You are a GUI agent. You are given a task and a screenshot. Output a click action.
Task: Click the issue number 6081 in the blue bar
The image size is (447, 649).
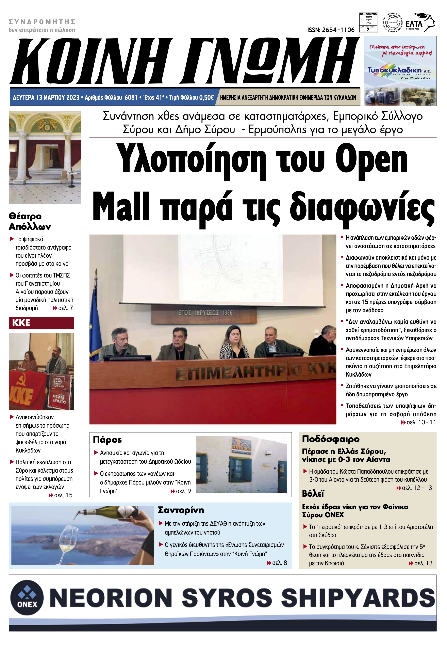[131, 97]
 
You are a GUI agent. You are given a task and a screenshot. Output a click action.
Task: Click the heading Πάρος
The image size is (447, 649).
[107, 439]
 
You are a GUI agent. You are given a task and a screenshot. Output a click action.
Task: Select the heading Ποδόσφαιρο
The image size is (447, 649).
[330, 439]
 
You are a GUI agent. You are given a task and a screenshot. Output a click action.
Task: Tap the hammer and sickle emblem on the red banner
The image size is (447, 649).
[21, 381]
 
